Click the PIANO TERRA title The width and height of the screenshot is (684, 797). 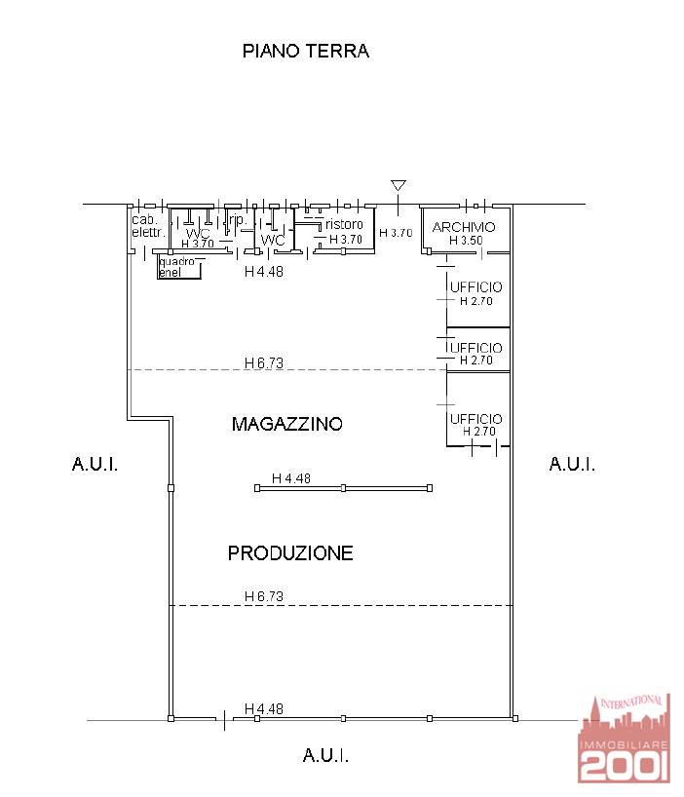click(305, 52)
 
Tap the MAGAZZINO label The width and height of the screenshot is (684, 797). click(286, 424)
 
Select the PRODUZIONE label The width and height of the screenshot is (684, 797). click(290, 553)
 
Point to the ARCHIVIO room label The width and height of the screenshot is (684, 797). click(464, 227)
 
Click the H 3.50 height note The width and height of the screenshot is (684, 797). click(466, 241)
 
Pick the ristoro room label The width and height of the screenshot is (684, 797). click(345, 225)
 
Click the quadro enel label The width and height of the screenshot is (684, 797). click(176, 267)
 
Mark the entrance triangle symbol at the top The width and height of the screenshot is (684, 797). click(398, 185)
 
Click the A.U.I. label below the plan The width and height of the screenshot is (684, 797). click(325, 755)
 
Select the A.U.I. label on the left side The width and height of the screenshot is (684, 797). click(95, 464)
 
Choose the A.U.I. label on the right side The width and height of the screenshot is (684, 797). click(572, 464)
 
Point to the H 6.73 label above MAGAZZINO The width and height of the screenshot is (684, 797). click(263, 363)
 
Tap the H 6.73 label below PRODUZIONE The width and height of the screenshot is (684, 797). click(263, 596)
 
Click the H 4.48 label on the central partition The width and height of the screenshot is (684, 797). click(290, 478)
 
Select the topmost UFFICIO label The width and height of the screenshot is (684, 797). click(475, 287)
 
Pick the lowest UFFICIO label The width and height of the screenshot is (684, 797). click(475, 419)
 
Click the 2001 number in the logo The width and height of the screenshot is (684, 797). click(625, 767)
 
